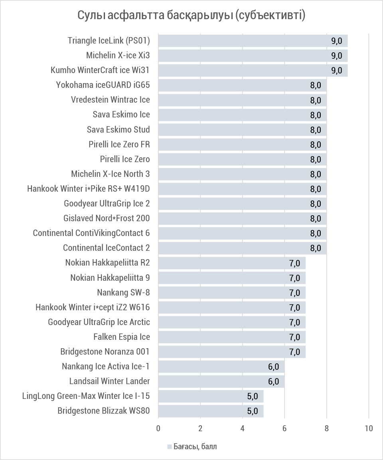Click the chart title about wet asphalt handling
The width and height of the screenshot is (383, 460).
(x=191, y=16)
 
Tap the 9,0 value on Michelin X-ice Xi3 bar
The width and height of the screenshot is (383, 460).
(x=336, y=56)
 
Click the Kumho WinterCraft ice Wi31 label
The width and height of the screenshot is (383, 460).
(x=100, y=70)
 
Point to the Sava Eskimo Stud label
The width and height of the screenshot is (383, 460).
(x=118, y=129)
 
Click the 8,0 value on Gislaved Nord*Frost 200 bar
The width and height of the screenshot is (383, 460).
(x=316, y=218)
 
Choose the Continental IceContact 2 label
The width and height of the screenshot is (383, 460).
(x=107, y=248)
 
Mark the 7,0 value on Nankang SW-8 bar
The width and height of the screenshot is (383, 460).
(x=294, y=293)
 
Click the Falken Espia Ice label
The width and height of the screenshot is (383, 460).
(x=122, y=337)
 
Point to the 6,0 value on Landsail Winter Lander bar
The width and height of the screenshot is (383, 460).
(x=273, y=381)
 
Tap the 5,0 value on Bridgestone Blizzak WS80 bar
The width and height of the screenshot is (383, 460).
(x=253, y=411)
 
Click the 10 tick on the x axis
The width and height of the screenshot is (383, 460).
(x=369, y=428)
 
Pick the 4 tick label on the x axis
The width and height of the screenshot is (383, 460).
(x=243, y=428)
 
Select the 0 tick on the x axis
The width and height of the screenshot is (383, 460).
(x=158, y=428)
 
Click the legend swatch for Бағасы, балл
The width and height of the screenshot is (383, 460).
(x=169, y=446)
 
